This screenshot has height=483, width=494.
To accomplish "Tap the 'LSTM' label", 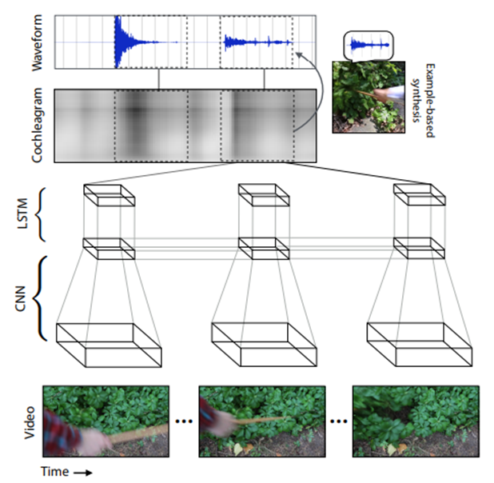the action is (24, 214).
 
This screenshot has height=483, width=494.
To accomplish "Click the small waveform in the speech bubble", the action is (367, 46).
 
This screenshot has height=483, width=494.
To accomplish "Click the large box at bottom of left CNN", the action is (109, 345).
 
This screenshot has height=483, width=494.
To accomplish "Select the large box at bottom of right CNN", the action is (419, 345).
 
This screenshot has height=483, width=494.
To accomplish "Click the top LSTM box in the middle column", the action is (264, 196).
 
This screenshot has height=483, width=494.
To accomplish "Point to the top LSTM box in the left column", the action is (109, 196).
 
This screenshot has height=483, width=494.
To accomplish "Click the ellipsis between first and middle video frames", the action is (183, 421).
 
